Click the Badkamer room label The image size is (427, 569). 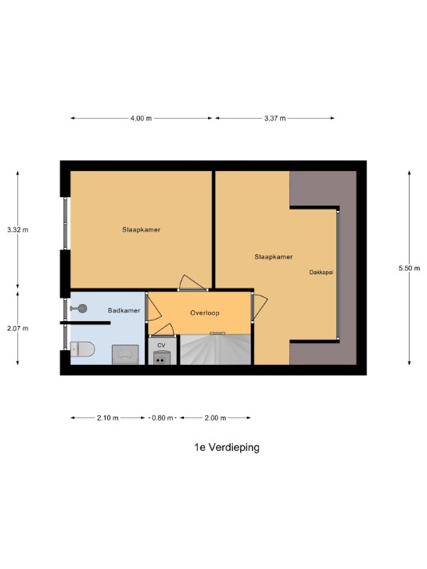coord(124,310)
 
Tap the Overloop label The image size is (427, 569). coord(205,313)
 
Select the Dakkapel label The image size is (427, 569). coord(321,272)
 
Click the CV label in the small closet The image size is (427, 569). coord(161,345)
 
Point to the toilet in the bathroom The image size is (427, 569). coord(82,349)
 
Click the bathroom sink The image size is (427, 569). coord(125,355)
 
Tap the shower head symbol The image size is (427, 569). coord(79,309)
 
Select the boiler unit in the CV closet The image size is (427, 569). coord(161,358)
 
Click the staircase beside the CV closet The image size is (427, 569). coord(216,350)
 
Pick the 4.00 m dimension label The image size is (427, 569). coord(141,118)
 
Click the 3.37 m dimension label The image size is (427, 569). coord(274,118)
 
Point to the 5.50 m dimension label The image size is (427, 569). coord(409,268)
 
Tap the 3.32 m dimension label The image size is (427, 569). coord(18,230)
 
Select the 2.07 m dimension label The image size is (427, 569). coord(18,328)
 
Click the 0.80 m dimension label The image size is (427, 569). coord(163,418)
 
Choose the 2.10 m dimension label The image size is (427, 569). coord(107,418)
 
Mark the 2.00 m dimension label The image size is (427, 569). coord(215,418)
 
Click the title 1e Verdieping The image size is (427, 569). coord(227,447)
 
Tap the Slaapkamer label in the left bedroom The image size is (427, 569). coord(142,230)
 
